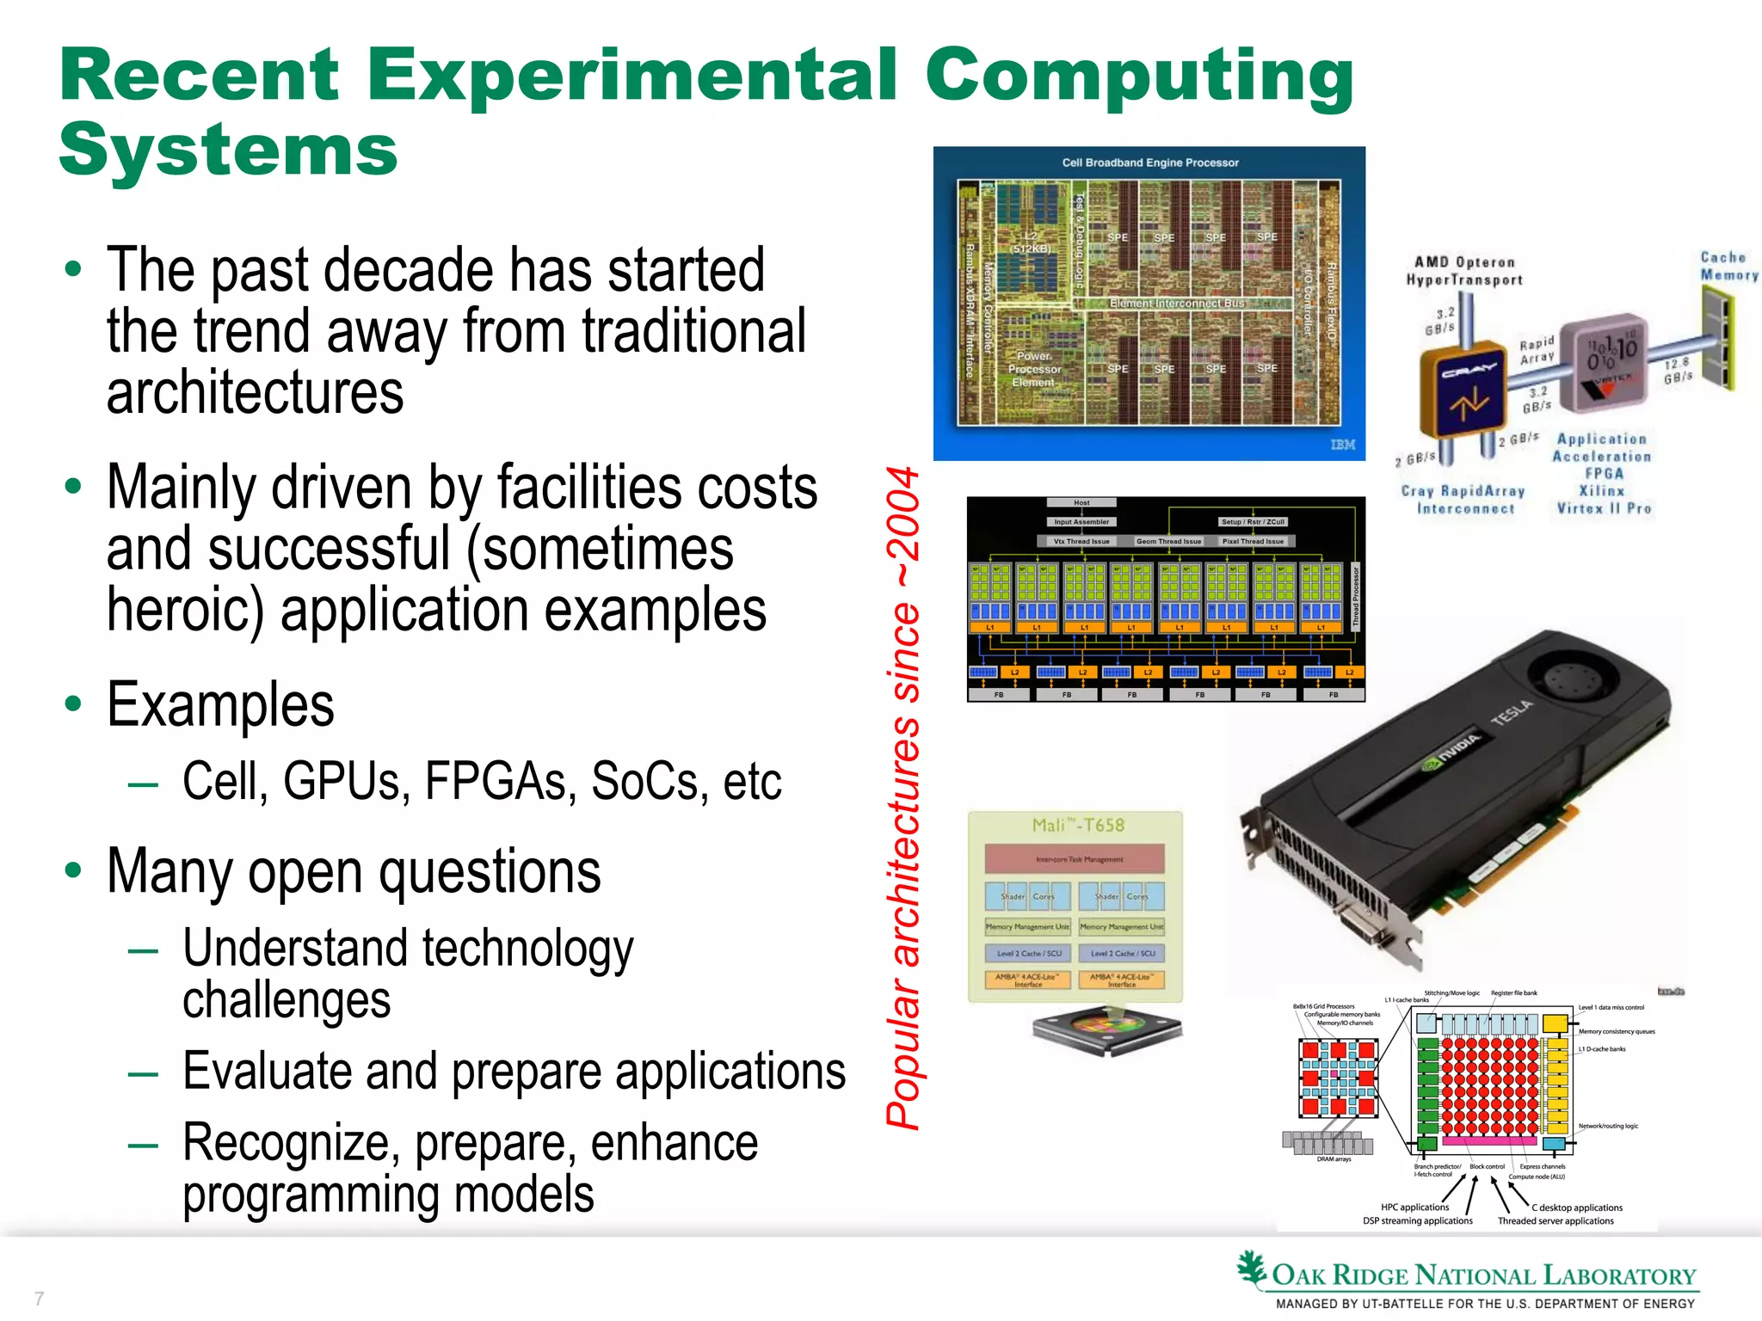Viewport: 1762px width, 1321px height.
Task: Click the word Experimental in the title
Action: [633, 77]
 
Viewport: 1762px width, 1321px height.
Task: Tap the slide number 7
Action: [39, 1298]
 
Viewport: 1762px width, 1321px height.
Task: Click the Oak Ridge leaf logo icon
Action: [1252, 1269]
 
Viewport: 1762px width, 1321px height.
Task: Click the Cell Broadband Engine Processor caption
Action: [1149, 163]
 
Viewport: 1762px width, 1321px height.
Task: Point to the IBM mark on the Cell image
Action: [1342, 445]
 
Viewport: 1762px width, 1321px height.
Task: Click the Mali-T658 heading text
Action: [1078, 825]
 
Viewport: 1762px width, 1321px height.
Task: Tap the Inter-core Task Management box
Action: [1075, 858]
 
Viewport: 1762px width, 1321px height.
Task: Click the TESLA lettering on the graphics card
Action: [1512, 712]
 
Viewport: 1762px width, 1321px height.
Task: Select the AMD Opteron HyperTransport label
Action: [1463, 271]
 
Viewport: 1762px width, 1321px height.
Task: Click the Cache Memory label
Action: [1728, 266]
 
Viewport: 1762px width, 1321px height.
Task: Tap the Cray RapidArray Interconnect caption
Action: [1463, 500]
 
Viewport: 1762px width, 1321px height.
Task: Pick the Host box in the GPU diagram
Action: [1081, 502]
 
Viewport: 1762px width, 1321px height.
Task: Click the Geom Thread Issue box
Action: [1168, 542]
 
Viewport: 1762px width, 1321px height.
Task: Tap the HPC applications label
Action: [1414, 1207]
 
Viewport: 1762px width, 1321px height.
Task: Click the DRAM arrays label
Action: [1333, 1158]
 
